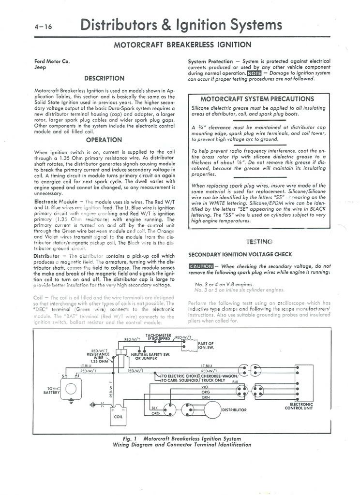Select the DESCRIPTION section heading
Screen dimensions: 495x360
pyautogui.click(x=104, y=78)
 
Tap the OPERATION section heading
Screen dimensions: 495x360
pyautogui.click(x=104, y=140)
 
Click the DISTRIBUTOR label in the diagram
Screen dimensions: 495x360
pyautogui.click(x=234, y=410)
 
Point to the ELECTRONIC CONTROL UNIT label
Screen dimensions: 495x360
pyautogui.click(x=300, y=406)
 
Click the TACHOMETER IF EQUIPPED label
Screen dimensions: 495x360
pyautogui.click(x=158, y=337)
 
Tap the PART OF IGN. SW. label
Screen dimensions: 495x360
pyautogui.click(x=206, y=346)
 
